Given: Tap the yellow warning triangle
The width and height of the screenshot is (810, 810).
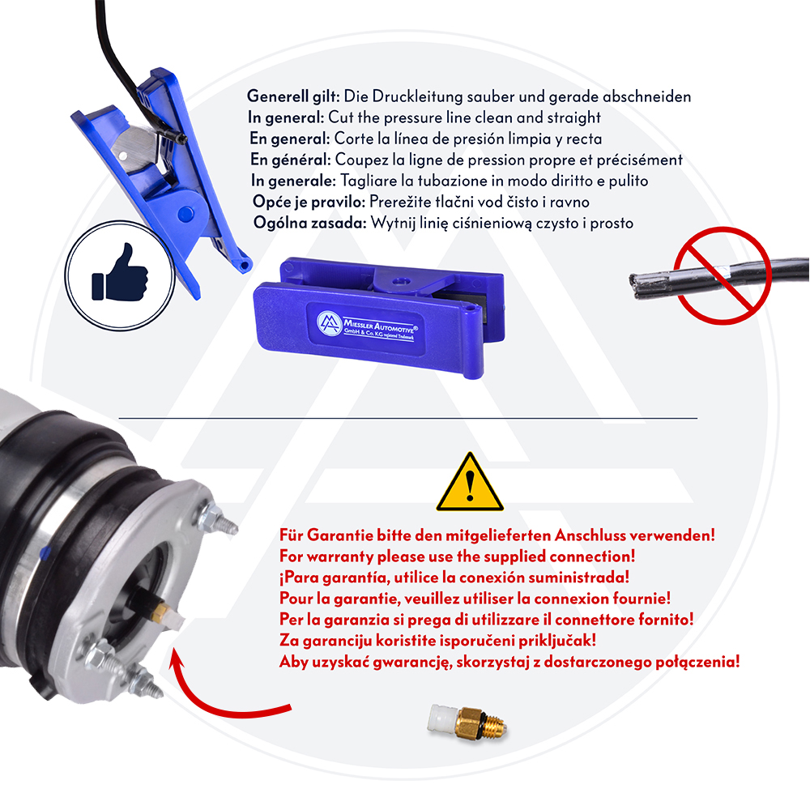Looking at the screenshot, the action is [x=470, y=483].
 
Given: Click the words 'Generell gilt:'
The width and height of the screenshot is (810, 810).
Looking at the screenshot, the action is [x=293, y=96].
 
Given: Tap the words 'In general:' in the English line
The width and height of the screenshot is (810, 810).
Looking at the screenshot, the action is [x=286, y=117].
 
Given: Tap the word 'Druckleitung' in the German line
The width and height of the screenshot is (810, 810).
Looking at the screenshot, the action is [x=417, y=96].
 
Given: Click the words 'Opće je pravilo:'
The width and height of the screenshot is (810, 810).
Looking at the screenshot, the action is [x=309, y=202].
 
